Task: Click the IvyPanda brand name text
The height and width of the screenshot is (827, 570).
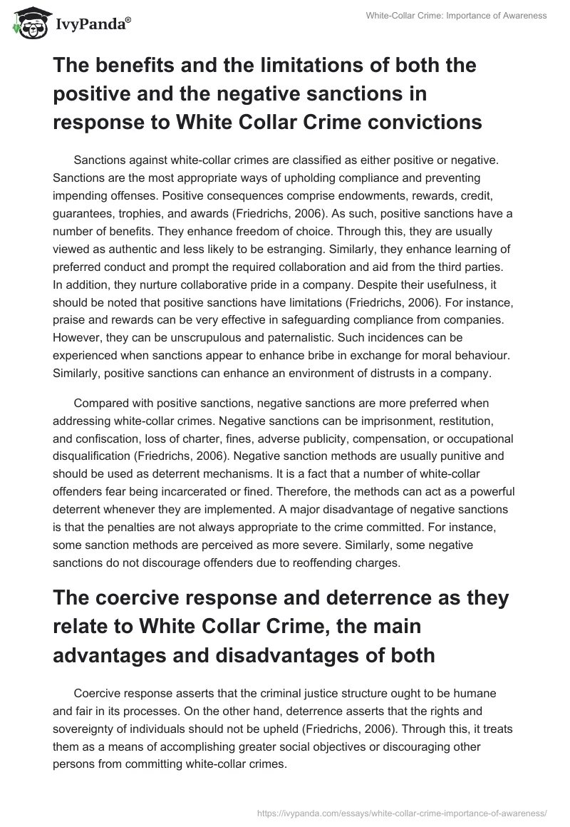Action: pos(92,24)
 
